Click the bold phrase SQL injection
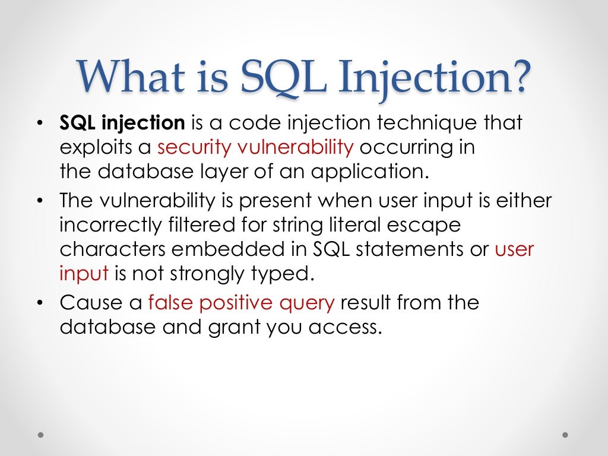122,123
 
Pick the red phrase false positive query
242,303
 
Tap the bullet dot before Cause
40,303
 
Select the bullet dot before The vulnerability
40,201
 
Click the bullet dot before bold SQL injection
40,123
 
